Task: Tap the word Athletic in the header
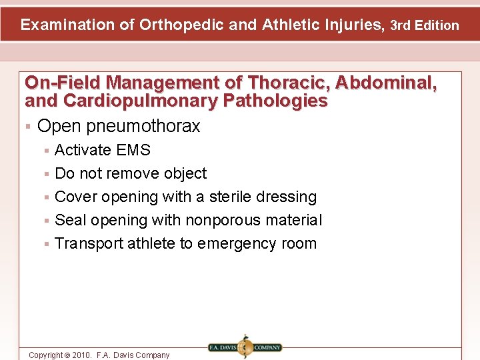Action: click(287, 25)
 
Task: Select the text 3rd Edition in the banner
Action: click(425, 25)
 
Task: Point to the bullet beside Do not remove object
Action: click(46, 174)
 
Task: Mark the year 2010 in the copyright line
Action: click(79, 355)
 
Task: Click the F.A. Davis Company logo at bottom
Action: click(244, 347)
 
